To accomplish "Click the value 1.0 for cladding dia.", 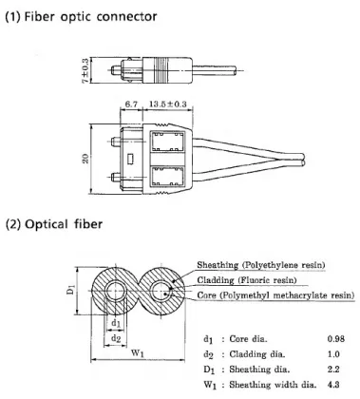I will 333,353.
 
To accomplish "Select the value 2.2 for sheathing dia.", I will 333,369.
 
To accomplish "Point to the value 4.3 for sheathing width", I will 333,384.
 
